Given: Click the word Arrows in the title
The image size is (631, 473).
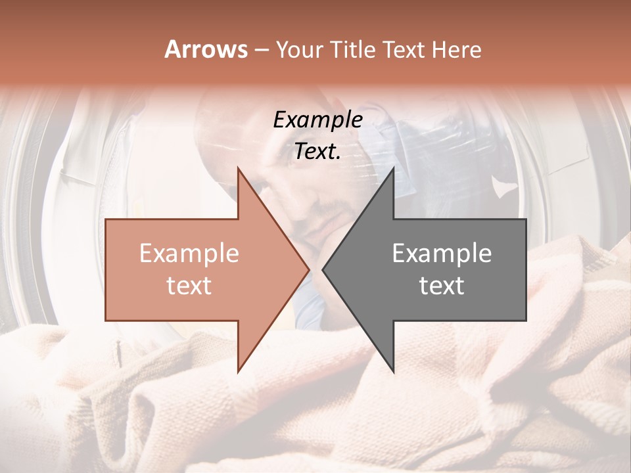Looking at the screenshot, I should click(206, 49).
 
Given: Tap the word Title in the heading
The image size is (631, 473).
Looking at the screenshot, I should click(356, 50).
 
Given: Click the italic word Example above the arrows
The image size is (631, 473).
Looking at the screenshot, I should click(317, 120).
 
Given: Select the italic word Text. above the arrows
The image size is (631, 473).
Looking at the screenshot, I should click(317, 151).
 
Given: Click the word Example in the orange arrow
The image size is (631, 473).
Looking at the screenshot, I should click(189, 254).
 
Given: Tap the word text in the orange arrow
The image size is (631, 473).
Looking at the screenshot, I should click(189, 286).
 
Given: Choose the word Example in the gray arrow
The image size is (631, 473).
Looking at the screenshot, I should click(442, 254).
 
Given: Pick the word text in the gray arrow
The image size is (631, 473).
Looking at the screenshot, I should click(442, 286).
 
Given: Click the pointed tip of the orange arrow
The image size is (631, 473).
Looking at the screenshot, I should click(308, 269).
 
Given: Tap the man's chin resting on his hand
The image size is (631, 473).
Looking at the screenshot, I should click(329, 220).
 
